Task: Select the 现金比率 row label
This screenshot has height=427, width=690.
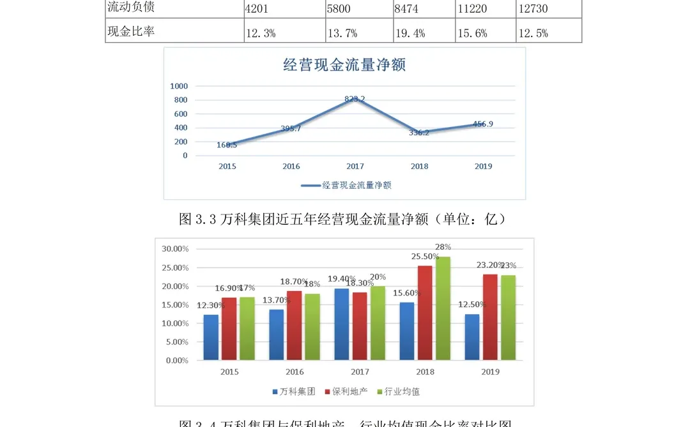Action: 131,31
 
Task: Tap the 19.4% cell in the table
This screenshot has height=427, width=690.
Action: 410,33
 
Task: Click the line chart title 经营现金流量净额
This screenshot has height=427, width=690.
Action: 344,65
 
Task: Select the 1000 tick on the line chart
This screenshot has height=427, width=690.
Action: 179,86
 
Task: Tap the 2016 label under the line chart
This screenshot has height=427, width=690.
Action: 291,167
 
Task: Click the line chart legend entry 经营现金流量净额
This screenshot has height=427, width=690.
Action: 356,185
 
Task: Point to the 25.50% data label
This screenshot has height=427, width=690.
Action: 425,257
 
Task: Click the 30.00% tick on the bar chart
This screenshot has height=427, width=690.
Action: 175,248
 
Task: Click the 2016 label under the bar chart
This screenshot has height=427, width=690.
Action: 295,371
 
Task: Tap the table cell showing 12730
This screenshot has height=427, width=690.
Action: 532,8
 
